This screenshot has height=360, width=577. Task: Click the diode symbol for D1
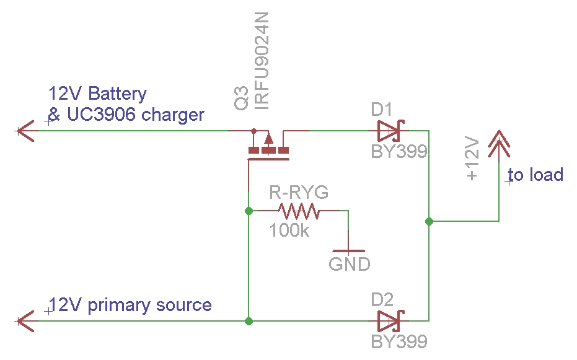[x=389, y=131]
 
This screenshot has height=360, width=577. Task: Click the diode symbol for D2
[x=389, y=321]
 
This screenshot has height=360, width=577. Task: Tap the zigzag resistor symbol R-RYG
[x=299, y=211]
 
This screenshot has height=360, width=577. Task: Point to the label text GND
[x=350, y=265]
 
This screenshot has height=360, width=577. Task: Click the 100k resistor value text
[x=289, y=231]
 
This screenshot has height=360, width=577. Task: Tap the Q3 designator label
[x=242, y=101]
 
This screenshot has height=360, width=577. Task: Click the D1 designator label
[x=382, y=110]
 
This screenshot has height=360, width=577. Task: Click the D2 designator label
[x=382, y=301]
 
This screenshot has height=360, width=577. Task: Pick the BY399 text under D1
[x=399, y=152]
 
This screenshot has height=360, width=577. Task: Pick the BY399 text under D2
[x=399, y=341]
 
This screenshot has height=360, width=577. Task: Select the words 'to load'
[x=536, y=175]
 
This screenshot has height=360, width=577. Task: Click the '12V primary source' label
[x=131, y=305]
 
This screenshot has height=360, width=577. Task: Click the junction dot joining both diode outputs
[x=428, y=221]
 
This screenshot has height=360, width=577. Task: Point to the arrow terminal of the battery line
[x=25, y=131]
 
